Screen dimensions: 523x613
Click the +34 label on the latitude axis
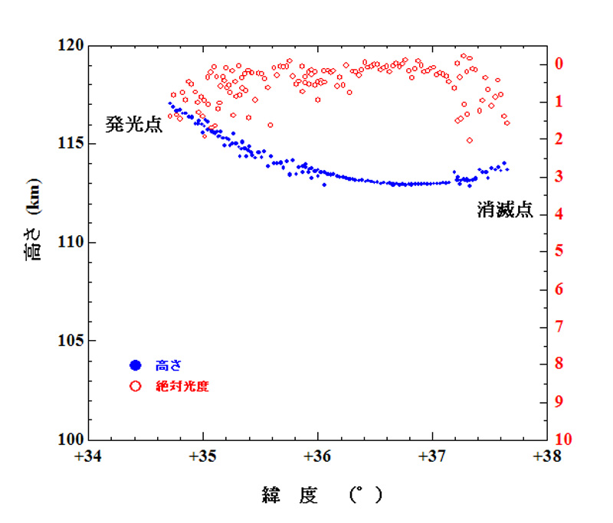90,457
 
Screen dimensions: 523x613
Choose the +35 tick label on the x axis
203,457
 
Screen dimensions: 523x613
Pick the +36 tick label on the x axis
317,457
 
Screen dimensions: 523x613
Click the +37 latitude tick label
432,457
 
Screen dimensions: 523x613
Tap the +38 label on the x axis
546,457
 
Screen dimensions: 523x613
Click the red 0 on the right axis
560,64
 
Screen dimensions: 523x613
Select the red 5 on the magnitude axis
560,251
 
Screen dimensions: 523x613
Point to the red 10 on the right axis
563,440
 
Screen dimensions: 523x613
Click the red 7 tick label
560,326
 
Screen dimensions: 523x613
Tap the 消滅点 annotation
505,211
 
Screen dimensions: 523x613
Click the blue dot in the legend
136,366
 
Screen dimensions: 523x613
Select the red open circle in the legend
136,387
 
